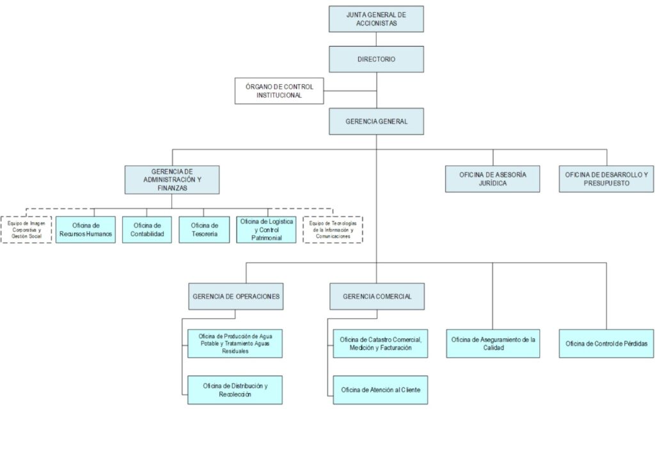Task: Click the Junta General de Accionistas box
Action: tap(376, 19)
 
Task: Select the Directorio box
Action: tap(376, 59)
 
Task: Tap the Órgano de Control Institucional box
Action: tap(279, 91)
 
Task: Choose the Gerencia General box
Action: tap(376, 121)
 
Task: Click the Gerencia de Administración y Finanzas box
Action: tap(172, 180)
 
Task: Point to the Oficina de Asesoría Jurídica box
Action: tap(493, 179)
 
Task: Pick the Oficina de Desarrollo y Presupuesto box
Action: tap(606, 179)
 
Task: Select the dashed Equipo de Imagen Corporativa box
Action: tap(26, 229)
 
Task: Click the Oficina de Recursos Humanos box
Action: tap(86, 229)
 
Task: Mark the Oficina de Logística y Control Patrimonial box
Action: tap(266, 229)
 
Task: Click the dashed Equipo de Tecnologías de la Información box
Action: tap(332, 229)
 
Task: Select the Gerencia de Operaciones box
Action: tap(235, 297)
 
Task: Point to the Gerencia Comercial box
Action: tap(376, 297)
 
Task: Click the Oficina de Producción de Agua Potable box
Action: tap(235, 343)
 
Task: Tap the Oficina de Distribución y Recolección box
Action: tap(235, 390)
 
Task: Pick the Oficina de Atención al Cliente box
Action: tap(380, 390)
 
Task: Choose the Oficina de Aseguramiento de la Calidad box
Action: tap(493, 343)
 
